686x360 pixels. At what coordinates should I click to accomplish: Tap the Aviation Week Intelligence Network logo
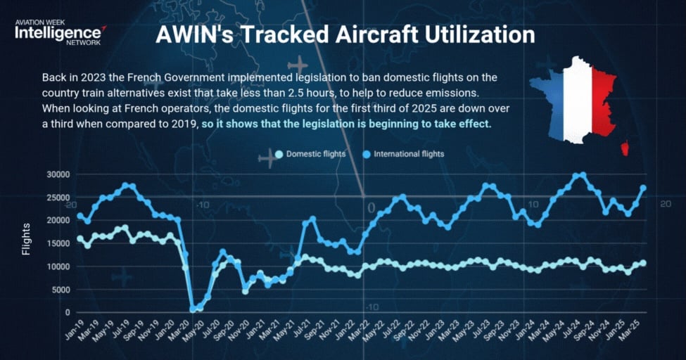[60, 32]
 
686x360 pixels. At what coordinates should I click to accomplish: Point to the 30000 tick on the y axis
[58, 174]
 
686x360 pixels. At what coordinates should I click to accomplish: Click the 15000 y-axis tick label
[58, 243]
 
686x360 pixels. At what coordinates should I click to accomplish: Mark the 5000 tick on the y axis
[61, 290]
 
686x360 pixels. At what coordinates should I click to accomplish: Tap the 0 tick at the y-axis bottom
[68, 313]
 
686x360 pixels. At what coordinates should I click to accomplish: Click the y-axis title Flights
[27, 239]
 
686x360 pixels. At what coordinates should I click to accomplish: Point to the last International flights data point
[642, 188]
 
